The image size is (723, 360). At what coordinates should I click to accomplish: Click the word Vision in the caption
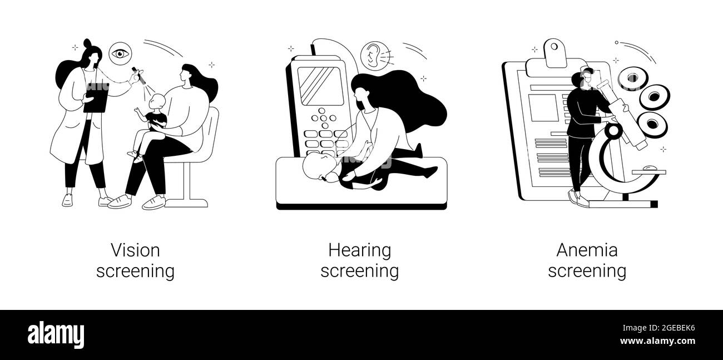[135, 250]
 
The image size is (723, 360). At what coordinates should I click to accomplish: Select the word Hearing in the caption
[359, 250]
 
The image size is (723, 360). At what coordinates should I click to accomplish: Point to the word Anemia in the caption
[587, 250]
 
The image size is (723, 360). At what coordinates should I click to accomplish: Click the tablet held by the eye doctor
[96, 96]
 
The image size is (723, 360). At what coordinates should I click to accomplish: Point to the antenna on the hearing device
[313, 49]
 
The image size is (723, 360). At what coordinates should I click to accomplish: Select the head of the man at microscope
[582, 79]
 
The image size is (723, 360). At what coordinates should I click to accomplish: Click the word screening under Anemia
[587, 271]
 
